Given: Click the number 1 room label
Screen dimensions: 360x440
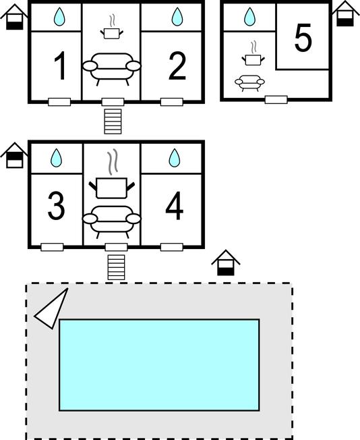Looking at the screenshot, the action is (x=60, y=65).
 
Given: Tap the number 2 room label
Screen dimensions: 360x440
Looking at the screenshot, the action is (x=177, y=65).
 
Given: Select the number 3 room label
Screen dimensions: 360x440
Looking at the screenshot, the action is (x=56, y=205).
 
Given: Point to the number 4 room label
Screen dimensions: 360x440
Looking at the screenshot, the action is (x=175, y=206).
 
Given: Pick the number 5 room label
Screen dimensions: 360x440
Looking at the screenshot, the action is (x=303, y=38).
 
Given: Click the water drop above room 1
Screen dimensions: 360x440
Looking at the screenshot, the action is (x=59, y=17).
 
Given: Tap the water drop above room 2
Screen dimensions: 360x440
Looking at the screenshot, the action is (x=177, y=17).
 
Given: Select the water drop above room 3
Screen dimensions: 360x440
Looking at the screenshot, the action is (x=56, y=158).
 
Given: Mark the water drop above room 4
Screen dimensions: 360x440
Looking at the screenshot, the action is (x=175, y=158).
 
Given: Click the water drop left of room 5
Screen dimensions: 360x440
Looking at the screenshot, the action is (x=249, y=17).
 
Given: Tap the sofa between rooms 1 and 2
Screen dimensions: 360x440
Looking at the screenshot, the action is (x=112, y=69).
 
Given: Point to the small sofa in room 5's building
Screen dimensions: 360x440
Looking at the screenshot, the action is (x=249, y=83).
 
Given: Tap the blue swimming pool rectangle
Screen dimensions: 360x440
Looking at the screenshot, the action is (x=159, y=365).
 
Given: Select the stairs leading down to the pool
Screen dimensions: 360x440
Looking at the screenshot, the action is (x=116, y=267).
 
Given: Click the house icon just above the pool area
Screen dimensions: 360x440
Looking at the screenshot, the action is (x=226, y=263).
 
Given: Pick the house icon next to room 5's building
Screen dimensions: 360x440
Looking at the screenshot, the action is (x=345, y=13).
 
